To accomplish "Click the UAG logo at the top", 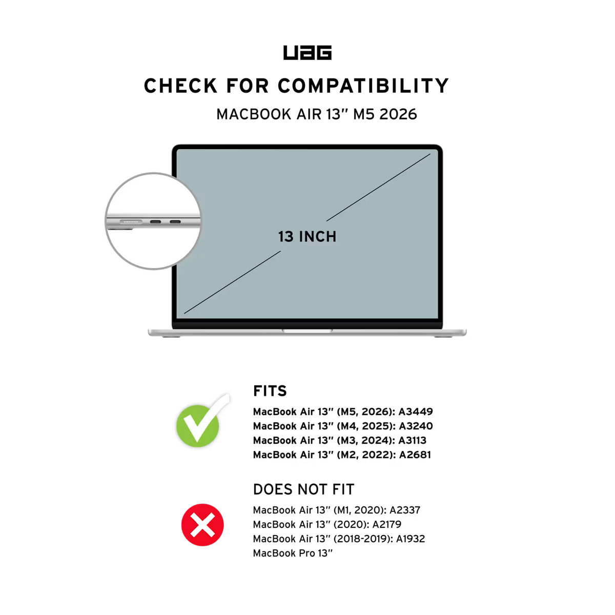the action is pyautogui.click(x=307, y=53).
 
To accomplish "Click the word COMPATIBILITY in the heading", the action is pyautogui.click(x=363, y=86).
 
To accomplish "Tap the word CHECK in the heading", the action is pyautogui.click(x=180, y=86).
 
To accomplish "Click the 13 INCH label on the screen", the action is pyautogui.click(x=307, y=236).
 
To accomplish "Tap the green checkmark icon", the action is pyautogui.click(x=202, y=421).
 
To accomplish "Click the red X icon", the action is pyautogui.click(x=202, y=525).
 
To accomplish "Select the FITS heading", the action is pyautogui.click(x=270, y=391).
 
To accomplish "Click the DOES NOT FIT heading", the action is pyautogui.click(x=303, y=489).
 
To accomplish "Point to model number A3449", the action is pyautogui.click(x=416, y=412).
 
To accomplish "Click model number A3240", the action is pyautogui.click(x=416, y=426).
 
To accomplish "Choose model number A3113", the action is pyautogui.click(x=413, y=440).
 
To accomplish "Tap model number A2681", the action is pyautogui.click(x=415, y=455).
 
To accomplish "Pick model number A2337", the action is pyautogui.click(x=405, y=510).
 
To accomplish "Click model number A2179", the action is pyautogui.click(x=387, y=524).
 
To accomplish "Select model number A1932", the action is pyautogui.click(x=411, y=539).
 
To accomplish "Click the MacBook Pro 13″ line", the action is pyautogui.click(x=293, y=553).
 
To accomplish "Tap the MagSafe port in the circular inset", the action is pyautogui.click(x=131, y=221).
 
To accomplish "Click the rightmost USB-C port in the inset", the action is pyautogui.click(x=175, y=221).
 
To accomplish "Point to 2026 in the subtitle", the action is pyautogui.click(x=398, y=114).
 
